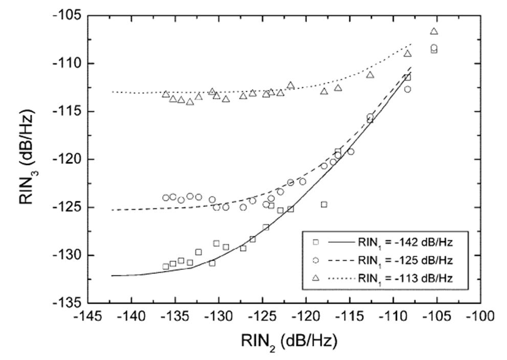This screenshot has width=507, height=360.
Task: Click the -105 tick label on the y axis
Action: point(67,15)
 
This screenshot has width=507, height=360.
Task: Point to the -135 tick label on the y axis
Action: point(67,303)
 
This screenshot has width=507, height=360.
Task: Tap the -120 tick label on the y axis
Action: point(67,159)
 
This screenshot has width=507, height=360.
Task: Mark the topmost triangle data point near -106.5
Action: point(434,31)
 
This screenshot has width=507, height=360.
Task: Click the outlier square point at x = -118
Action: point(324,204)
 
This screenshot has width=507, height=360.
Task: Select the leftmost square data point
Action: point(166,266)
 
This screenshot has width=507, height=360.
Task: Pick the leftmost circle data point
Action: point(166,198)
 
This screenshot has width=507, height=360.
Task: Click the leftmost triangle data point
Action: point(166,94)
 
